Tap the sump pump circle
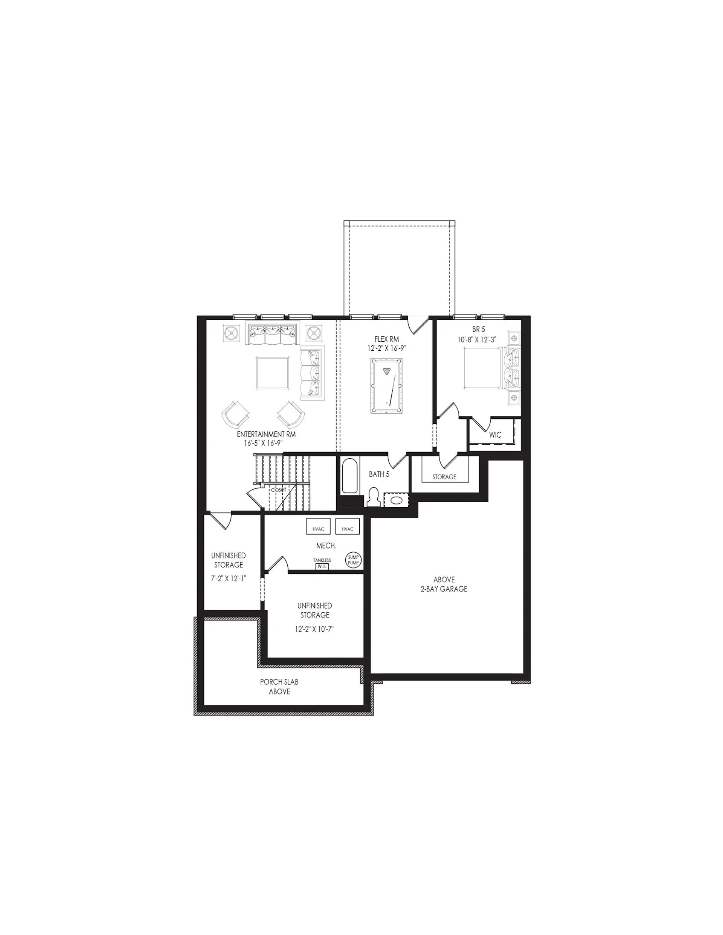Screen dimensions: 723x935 click(354, 559)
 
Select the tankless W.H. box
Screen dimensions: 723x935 click(322, 566)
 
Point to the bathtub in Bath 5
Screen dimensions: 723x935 click(350, 476)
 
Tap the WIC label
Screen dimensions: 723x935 click(495, 435)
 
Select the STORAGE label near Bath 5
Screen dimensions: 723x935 click(444, 476)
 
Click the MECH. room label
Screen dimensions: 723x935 click(326, 546)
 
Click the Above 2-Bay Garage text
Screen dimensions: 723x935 click(444, 584)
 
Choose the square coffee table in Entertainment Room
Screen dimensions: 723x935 click(273, 373)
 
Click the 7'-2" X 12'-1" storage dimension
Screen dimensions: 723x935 click(229, 579)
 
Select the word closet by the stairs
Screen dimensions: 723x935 click(279, 490)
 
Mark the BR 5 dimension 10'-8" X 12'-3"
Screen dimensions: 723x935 click(477, 339)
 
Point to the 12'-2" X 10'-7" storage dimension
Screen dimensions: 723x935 click(314, 629)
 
